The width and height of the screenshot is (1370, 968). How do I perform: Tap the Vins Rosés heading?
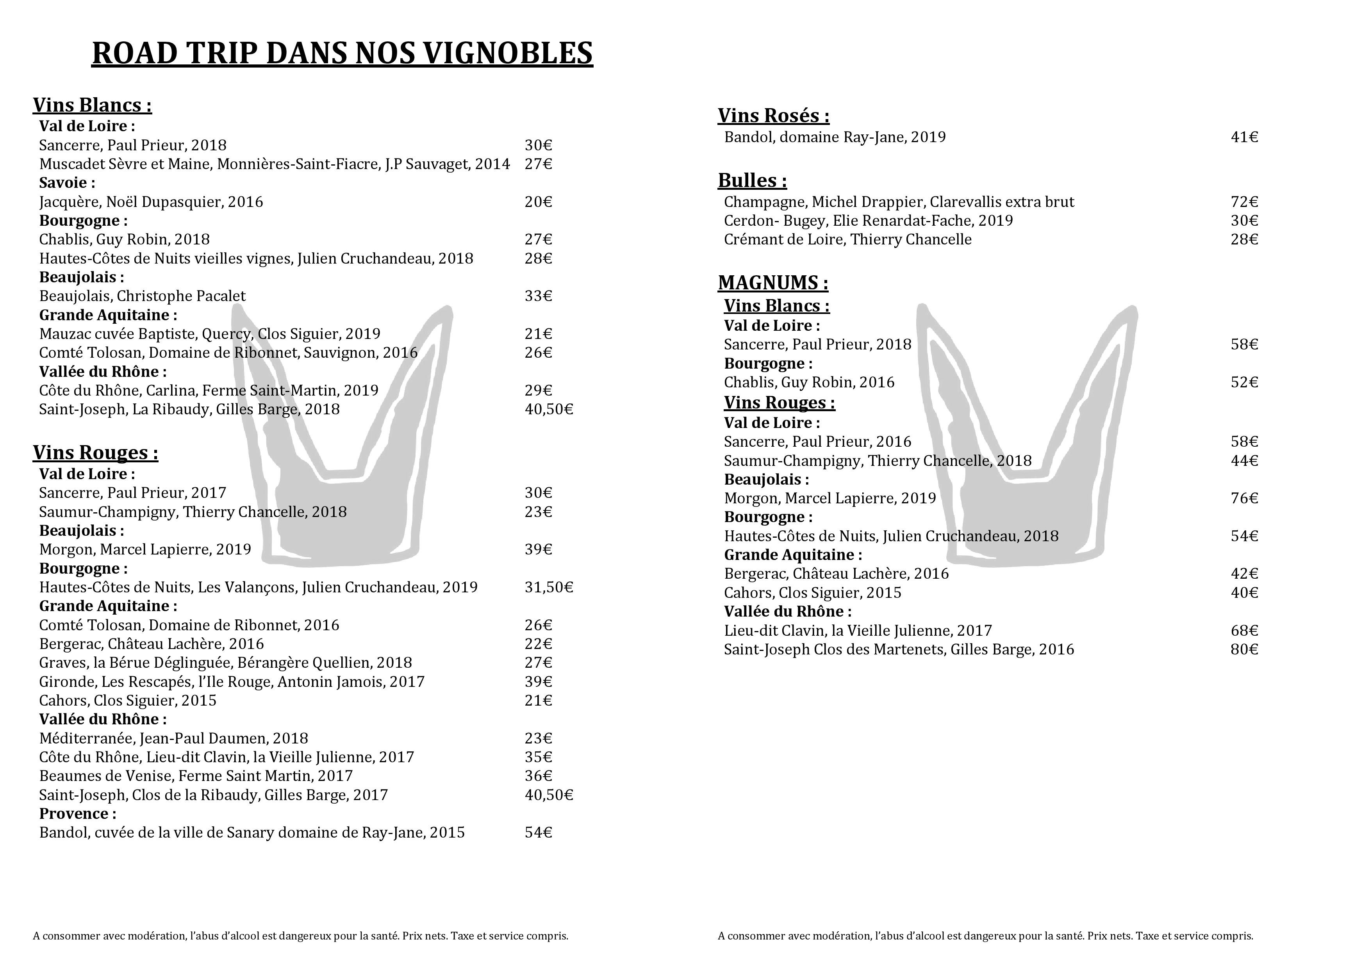773,116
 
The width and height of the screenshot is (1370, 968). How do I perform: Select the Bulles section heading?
752,181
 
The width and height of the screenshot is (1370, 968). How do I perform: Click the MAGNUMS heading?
773,283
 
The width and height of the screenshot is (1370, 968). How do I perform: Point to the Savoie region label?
67,182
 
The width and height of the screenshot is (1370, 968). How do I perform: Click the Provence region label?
78,813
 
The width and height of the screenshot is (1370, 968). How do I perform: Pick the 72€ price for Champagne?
1244,202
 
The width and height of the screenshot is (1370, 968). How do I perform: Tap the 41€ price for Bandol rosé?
1244,137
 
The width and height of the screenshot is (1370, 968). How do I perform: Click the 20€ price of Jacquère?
538,202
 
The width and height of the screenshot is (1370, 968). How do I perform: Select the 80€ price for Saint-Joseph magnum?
1244,649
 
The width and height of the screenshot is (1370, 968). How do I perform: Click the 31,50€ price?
548,588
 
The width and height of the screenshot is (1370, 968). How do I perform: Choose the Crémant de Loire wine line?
847,240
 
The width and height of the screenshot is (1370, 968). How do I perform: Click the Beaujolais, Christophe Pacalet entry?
142,296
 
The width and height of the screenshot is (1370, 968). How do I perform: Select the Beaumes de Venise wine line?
196,776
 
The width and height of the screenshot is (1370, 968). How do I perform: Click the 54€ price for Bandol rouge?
538,833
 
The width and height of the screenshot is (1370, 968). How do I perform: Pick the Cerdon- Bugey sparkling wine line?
868,221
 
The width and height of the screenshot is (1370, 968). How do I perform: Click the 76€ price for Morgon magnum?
1244,498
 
